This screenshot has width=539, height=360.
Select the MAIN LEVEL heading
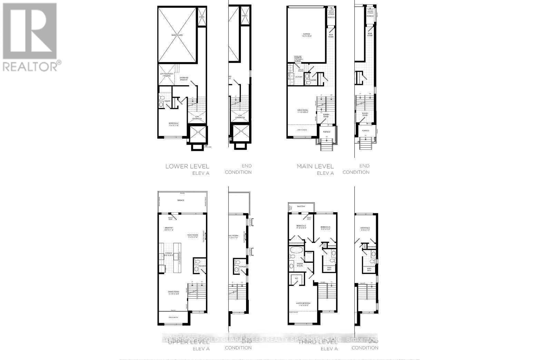[x=315, y=166]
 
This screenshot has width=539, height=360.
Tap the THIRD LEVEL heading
[x=318, y=342]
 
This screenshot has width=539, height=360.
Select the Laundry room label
[x=298, y=77]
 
